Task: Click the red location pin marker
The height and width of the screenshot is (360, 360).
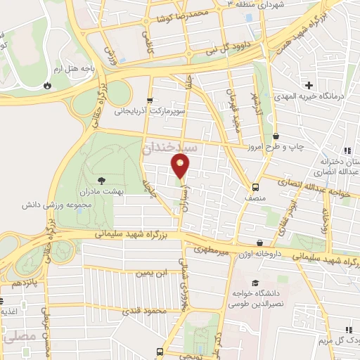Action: point(181,166)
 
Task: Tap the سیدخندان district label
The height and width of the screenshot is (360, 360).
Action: point(171,149)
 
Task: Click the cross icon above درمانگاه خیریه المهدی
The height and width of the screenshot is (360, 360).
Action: point(308,85)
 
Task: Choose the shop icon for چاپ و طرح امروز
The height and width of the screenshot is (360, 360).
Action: point(275,136)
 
